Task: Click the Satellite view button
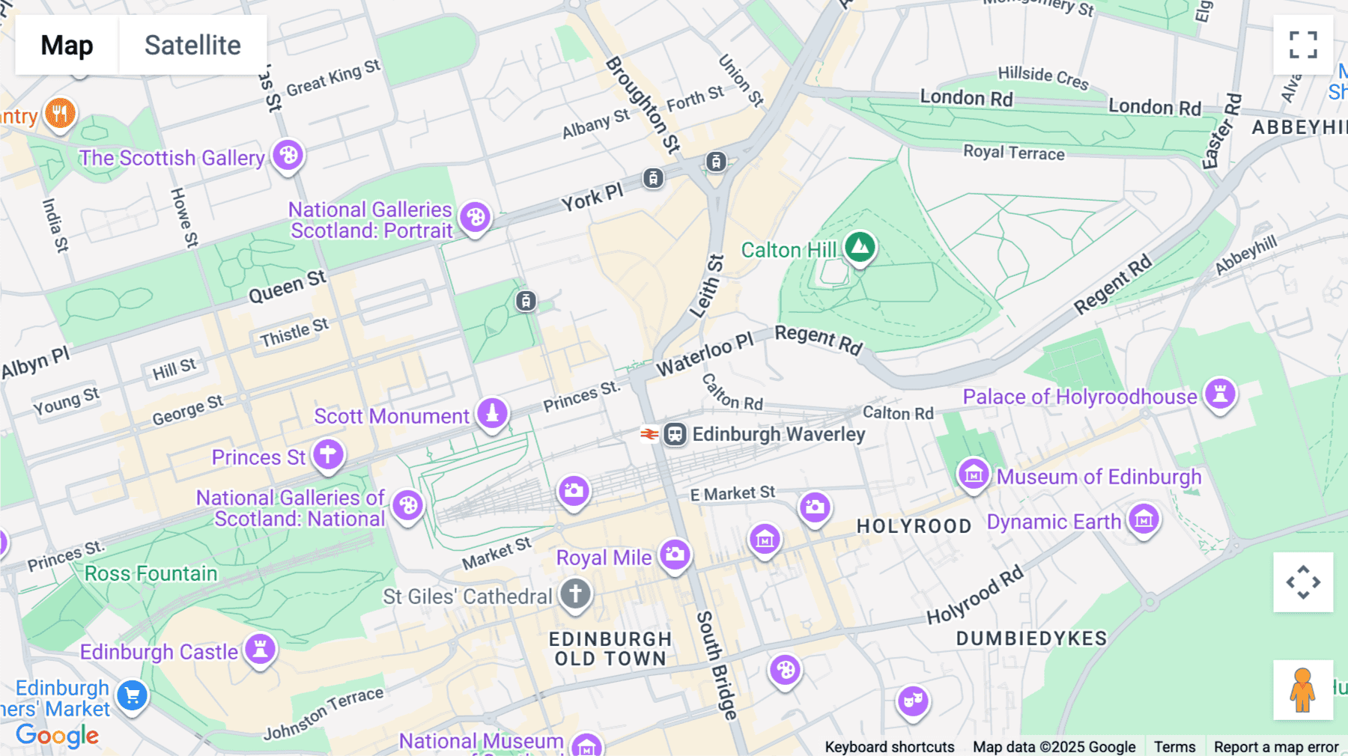[192, 45]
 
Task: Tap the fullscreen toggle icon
[1303, 45]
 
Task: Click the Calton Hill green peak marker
[860, 247]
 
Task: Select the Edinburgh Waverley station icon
[675, 434]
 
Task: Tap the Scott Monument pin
[492, 412]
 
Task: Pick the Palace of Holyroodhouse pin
[1220, 393]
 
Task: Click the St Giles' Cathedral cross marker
[575, 594]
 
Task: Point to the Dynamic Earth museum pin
[1144, 519]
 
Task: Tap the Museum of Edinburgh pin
[974, 475]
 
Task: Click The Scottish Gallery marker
[288, 156]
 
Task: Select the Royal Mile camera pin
[675, 555]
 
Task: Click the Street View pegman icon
[1302, 689]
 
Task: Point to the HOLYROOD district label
[914, 526]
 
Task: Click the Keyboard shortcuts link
[889, 746]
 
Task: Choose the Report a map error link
[1275, 746]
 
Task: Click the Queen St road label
[288, 286]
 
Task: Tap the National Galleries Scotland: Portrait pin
[475, 218]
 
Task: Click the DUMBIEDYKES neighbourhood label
[1031, 638]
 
